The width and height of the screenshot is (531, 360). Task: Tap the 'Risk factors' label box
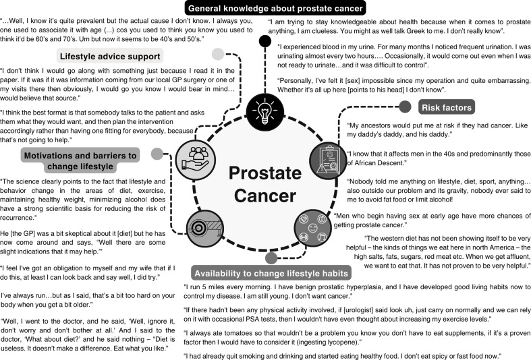tap(447, 107)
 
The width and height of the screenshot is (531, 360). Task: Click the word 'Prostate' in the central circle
tap(262, 173)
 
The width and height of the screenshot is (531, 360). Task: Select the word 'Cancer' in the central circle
tap(262, 198)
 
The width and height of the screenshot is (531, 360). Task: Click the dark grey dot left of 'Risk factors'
tap(405, 107)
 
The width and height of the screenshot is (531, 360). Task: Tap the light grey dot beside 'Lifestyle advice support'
tap(217, 54)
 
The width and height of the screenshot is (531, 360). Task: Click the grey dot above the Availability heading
tap(271, 258)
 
